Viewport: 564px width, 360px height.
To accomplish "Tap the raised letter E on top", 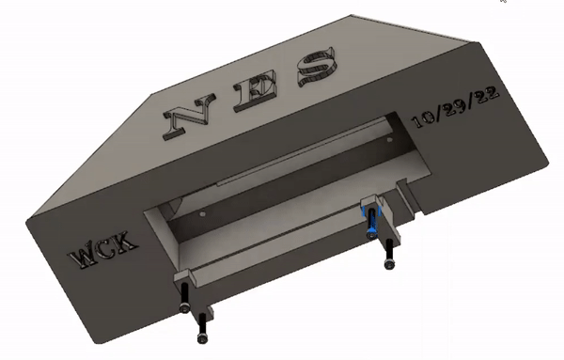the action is [x=256, y=89].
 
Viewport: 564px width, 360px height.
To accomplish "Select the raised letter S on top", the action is [x=318, y=68].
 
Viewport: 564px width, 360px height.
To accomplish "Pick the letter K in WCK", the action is [x=126, y=241].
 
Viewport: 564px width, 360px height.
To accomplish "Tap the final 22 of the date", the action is [x=486, y=94].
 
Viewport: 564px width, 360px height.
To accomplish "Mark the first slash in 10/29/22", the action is [x=440, y=111].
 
